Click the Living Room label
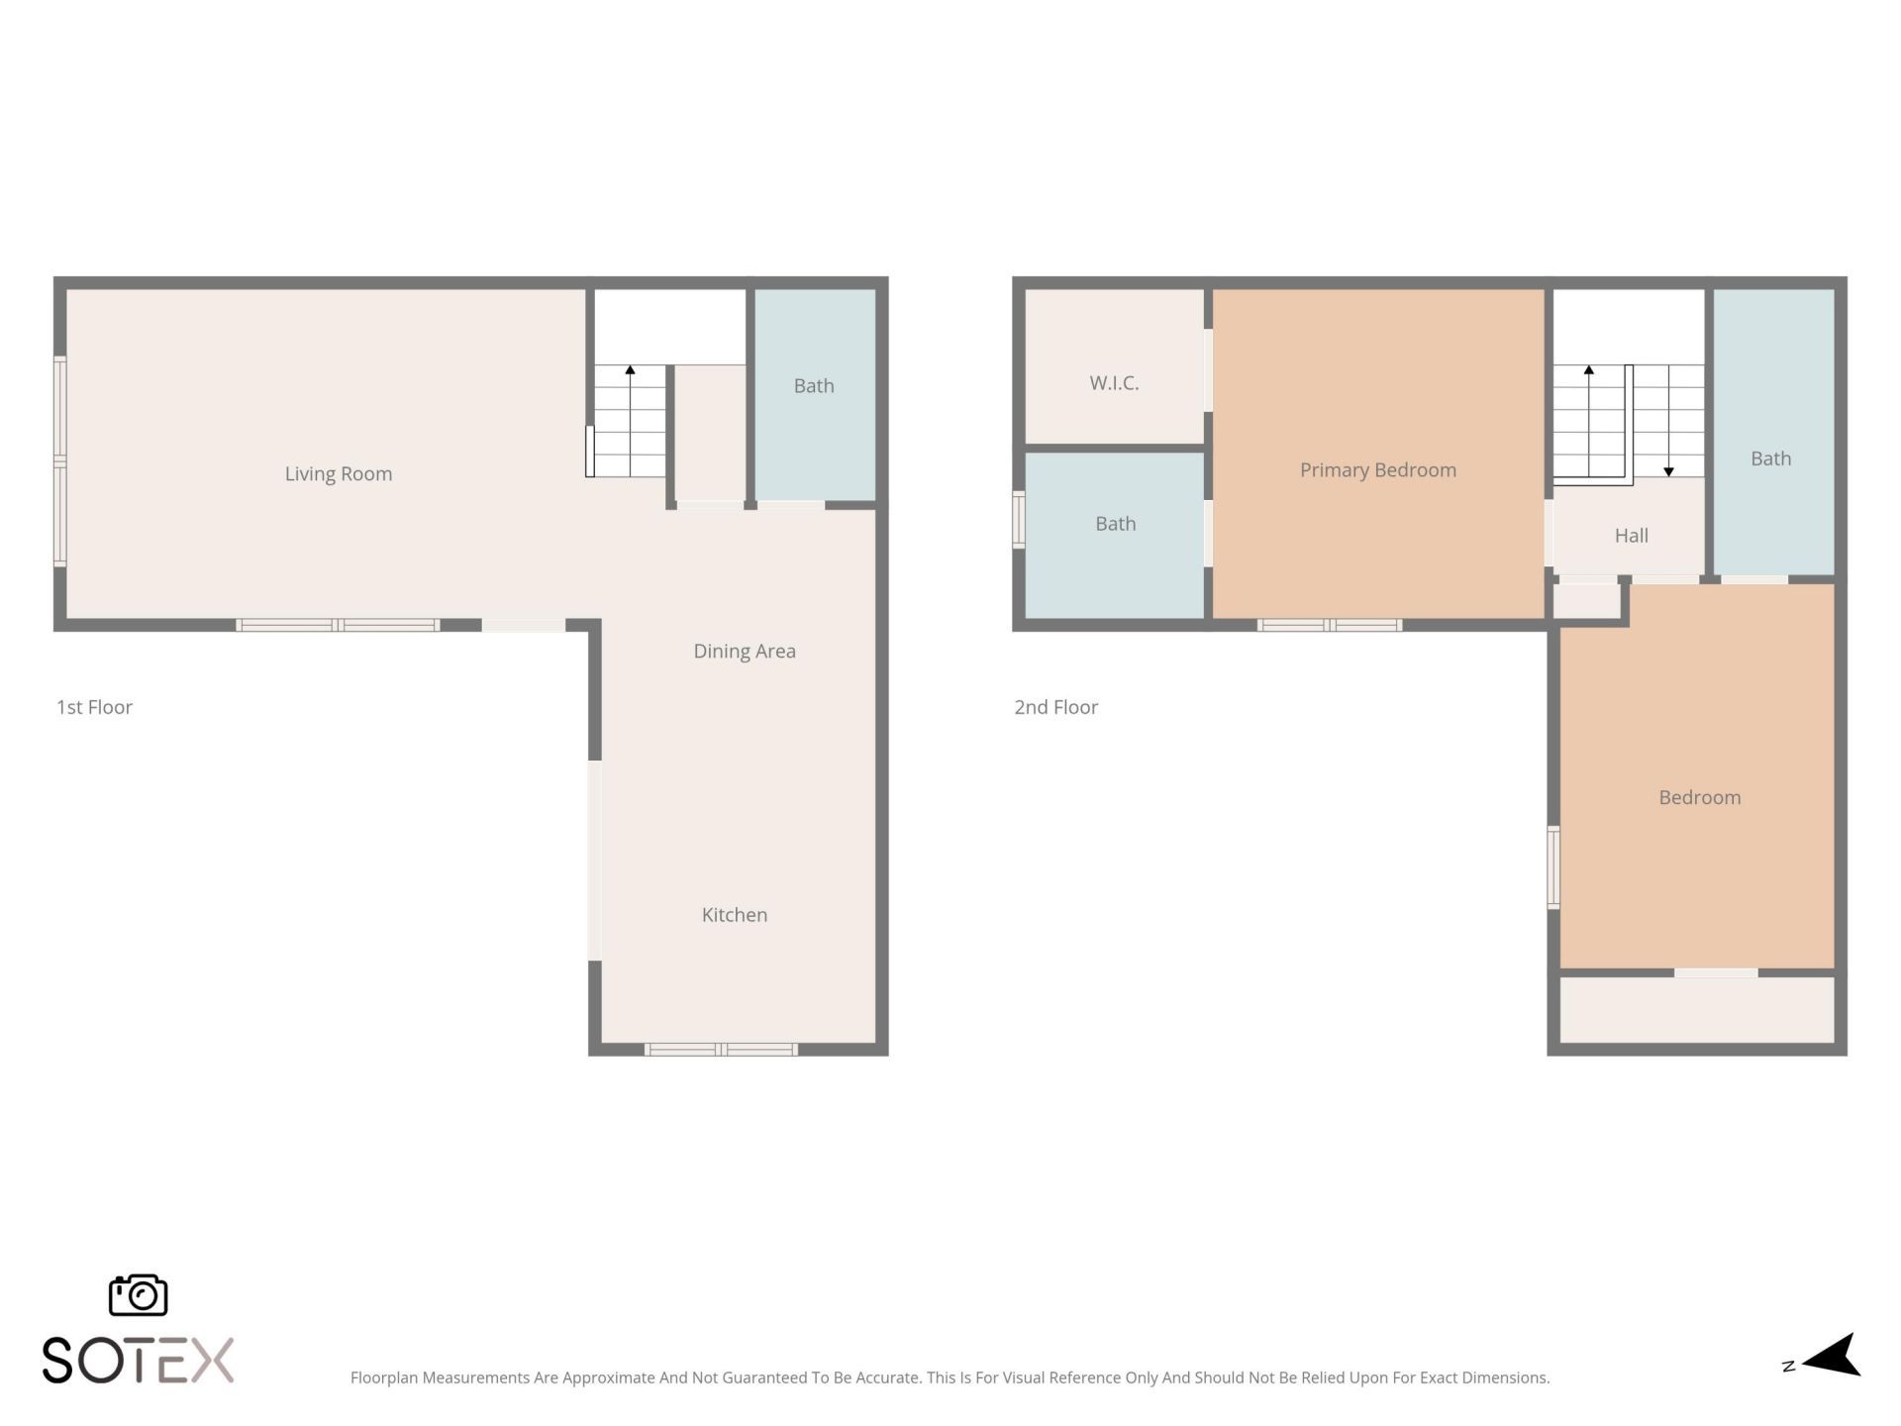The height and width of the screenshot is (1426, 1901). (x=338, y=473)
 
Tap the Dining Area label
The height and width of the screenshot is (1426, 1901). (x=744, y=651)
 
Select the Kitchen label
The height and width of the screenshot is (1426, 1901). (x=734, y=914)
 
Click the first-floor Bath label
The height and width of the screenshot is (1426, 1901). (x=813, y=385)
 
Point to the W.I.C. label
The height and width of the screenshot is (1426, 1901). (x=1113, y=382)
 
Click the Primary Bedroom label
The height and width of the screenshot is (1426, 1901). (x=1377, y=469)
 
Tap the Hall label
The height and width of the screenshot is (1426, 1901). (x=1631, y=535)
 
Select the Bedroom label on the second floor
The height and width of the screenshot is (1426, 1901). (x=1699, y=797)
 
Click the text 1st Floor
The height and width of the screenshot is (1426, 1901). (x=94, y=707)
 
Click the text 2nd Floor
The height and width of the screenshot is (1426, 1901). (x=1055, y=707)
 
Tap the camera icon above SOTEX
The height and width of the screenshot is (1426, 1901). (x=138, y=1294)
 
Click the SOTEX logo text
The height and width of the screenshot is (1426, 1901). (x=138, y=1360)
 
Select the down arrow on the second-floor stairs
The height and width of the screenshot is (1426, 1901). (x=1668, y=470)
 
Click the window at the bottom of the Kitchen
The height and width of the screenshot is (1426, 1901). (x=721, y=1049)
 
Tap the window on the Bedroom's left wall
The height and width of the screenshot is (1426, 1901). (x=1553, y=867)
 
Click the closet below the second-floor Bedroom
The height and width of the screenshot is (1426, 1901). (x=1697, y=1009)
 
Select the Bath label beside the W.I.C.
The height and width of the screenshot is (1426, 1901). (x=1115, y=523)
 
